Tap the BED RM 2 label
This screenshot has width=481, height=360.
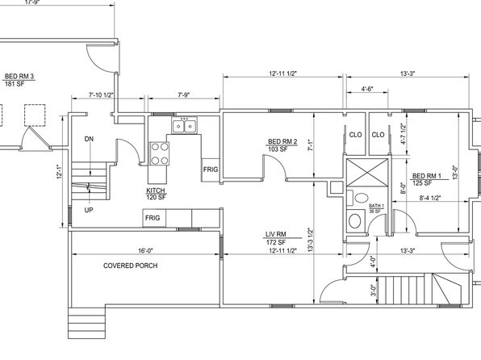coord(282,141)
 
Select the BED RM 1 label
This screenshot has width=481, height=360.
coord(427,176)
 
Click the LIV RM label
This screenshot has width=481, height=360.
coord(276,234)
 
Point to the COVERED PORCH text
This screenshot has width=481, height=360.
coord(131,266)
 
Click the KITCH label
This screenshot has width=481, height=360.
coord(156,190)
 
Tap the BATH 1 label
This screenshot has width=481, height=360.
coord(376,206)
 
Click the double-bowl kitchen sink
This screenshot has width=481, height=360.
coord(184,126)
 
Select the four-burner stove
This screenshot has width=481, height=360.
coord(160,153)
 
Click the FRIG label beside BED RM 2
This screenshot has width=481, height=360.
coord(211,170)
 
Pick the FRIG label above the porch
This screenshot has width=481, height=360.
coord(153,218)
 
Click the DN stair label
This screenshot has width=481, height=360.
coord(89,139)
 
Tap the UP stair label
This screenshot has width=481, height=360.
coord(89,210)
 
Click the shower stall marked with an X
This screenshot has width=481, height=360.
coord(367,172)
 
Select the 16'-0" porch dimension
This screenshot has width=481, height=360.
coord(145,250)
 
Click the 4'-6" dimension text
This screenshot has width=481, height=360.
coord(367,89)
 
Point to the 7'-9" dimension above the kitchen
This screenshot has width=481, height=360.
coord(184,95)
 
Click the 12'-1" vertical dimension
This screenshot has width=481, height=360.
coord(60,172)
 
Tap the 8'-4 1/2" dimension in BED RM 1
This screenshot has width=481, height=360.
coord(430,198)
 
